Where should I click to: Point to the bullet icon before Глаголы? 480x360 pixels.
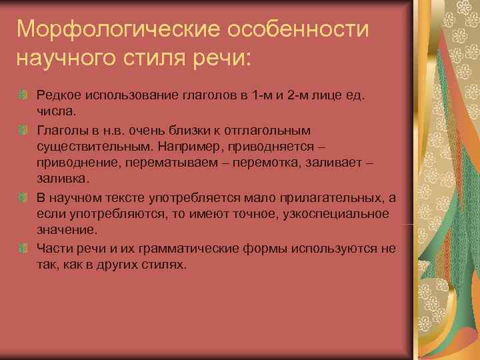click(24, 129)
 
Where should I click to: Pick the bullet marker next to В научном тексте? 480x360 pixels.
click(24, 198)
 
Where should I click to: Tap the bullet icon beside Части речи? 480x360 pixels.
click(24, 249)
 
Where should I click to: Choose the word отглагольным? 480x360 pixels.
click(261, 129)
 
